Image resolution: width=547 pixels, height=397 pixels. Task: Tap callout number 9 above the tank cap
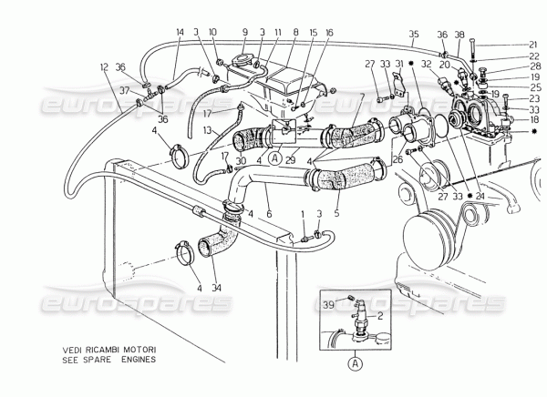[x=244, y=32]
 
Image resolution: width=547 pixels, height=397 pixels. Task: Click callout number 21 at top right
[x=506, y=43]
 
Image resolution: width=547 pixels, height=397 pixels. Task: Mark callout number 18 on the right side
[x=507, y=119]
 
